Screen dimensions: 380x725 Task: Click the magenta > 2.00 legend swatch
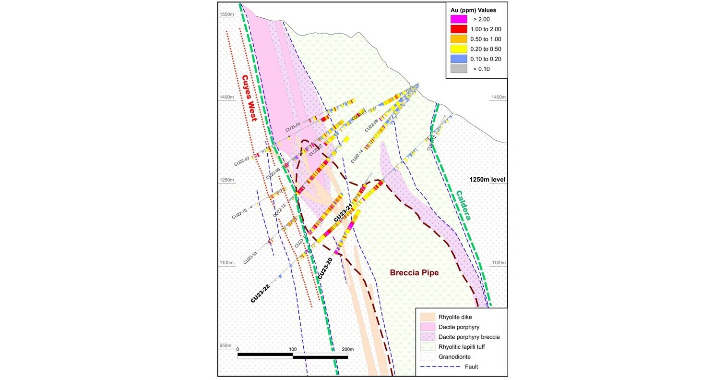[459, 19]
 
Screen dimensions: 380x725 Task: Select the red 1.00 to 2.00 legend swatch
[459, 29]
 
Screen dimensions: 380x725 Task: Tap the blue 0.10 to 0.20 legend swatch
[459, 59]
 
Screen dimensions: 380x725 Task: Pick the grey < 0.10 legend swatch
[459, 69]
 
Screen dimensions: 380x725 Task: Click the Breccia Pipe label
[414, 273]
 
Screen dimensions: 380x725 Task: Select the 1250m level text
[487, 180]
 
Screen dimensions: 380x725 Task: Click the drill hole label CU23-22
[260, 293]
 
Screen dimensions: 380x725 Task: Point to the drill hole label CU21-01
[293, 127]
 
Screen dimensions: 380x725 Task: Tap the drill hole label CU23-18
[250, 257]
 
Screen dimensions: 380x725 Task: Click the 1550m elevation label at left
[226, 15]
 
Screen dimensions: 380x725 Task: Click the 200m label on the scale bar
[347, 349]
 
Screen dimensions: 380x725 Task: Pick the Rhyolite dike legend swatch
[428, 317]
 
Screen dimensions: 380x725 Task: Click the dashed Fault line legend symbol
[428, 367]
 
